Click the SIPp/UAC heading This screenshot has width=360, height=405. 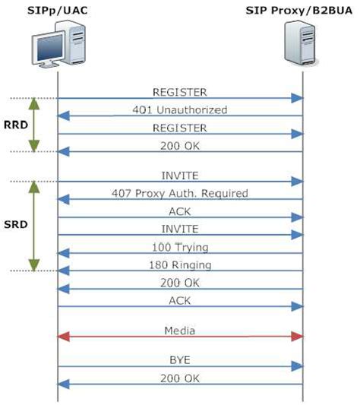pyautogui.click(x=57, y=11)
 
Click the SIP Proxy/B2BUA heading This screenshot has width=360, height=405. pyautogui.click(x=298, y=11)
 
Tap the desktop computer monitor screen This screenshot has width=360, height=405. pyautogui.click(x=49, y=48)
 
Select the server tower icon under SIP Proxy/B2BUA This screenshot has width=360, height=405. pyautogui.click(x=301, y=43)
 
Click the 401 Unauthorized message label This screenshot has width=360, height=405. pyautogui.click(x=180, y=109)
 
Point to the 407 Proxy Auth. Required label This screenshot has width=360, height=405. pyautogui.click(x=180, y=194)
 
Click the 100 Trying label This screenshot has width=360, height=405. pyautogui.click(x=180, y=247)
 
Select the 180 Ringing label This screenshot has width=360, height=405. pyautogui.click(x=180, y=265)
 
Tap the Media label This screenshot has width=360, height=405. pyautogui.click(x=180, y=331)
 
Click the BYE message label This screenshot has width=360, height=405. pyautogui.click(x=180, y=360)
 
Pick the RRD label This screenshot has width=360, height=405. pyautogui.click(x=16, y=125)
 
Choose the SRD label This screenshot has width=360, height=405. pyautogui.click(x=15, y=224)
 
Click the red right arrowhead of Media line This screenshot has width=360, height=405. pyautogui.click(x=297, y=337)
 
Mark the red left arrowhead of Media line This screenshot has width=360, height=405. pyautogui.click(x=63, y=337)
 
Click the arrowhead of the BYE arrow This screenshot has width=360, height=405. pyautogui.click(x=297, y=366)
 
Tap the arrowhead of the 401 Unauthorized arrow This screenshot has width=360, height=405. pyautogui.click(x=63, y=115)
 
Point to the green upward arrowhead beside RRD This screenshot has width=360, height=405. pyautogui.click(x=34, y=103)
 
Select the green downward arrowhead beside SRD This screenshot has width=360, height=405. pyautogui.click(x=34, y=265)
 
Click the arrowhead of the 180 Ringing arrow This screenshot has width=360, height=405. pyautogui.click(x=63, y=271)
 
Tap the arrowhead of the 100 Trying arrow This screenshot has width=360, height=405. pyautogui.click(x=63, y=253)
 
